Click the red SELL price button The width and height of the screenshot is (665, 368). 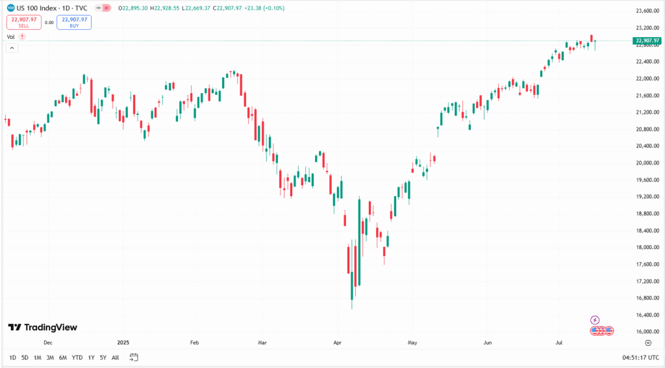[x=23, y=22]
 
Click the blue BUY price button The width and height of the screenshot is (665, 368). [x=74, y=22]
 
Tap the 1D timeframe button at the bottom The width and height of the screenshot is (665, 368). [x=13, y=358]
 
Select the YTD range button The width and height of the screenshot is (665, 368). [x=77, y=358]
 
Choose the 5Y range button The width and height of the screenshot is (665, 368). [x=103, y=358]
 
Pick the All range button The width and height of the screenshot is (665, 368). [x=115, y=358]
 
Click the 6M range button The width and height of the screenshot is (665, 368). [x=62, y=358]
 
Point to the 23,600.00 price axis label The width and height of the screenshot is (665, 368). [x=647, y=11]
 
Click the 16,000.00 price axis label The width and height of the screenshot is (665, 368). [x=647, y=332]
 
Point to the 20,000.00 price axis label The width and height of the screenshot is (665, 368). [x=647, y=163]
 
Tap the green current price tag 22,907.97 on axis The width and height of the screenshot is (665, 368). [x=647, y=41]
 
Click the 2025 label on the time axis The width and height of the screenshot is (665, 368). [x=124, y=341]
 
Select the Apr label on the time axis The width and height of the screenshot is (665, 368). [x=337, y=341]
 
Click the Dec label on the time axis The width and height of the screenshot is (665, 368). [x=47, y=341]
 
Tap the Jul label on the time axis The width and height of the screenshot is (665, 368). [x=559, y=341]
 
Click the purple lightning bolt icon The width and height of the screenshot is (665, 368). [x=596, y=320]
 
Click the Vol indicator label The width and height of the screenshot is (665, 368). [x=11, y=37]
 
